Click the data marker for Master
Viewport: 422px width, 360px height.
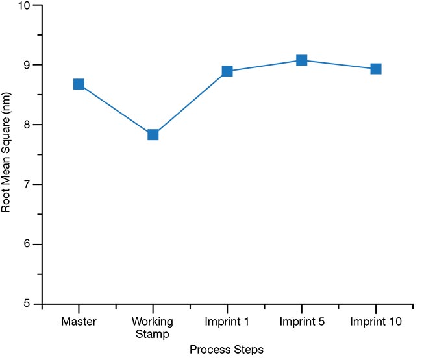79,84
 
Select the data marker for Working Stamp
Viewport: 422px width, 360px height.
153,135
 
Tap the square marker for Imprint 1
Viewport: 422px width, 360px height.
227,71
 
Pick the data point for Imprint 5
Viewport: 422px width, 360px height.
301,60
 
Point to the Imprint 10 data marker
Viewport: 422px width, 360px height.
375,69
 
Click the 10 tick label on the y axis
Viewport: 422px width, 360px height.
23,6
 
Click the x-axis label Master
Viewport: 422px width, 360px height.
79,322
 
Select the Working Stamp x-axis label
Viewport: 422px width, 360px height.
153,327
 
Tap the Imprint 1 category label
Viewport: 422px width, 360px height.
227,322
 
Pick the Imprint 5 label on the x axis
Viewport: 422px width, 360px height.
301,322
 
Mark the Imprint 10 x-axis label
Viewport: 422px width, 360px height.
375,322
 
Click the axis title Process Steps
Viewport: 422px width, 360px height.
227,350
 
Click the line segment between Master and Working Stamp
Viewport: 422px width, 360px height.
116,110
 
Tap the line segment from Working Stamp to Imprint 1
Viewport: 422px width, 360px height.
190,103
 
